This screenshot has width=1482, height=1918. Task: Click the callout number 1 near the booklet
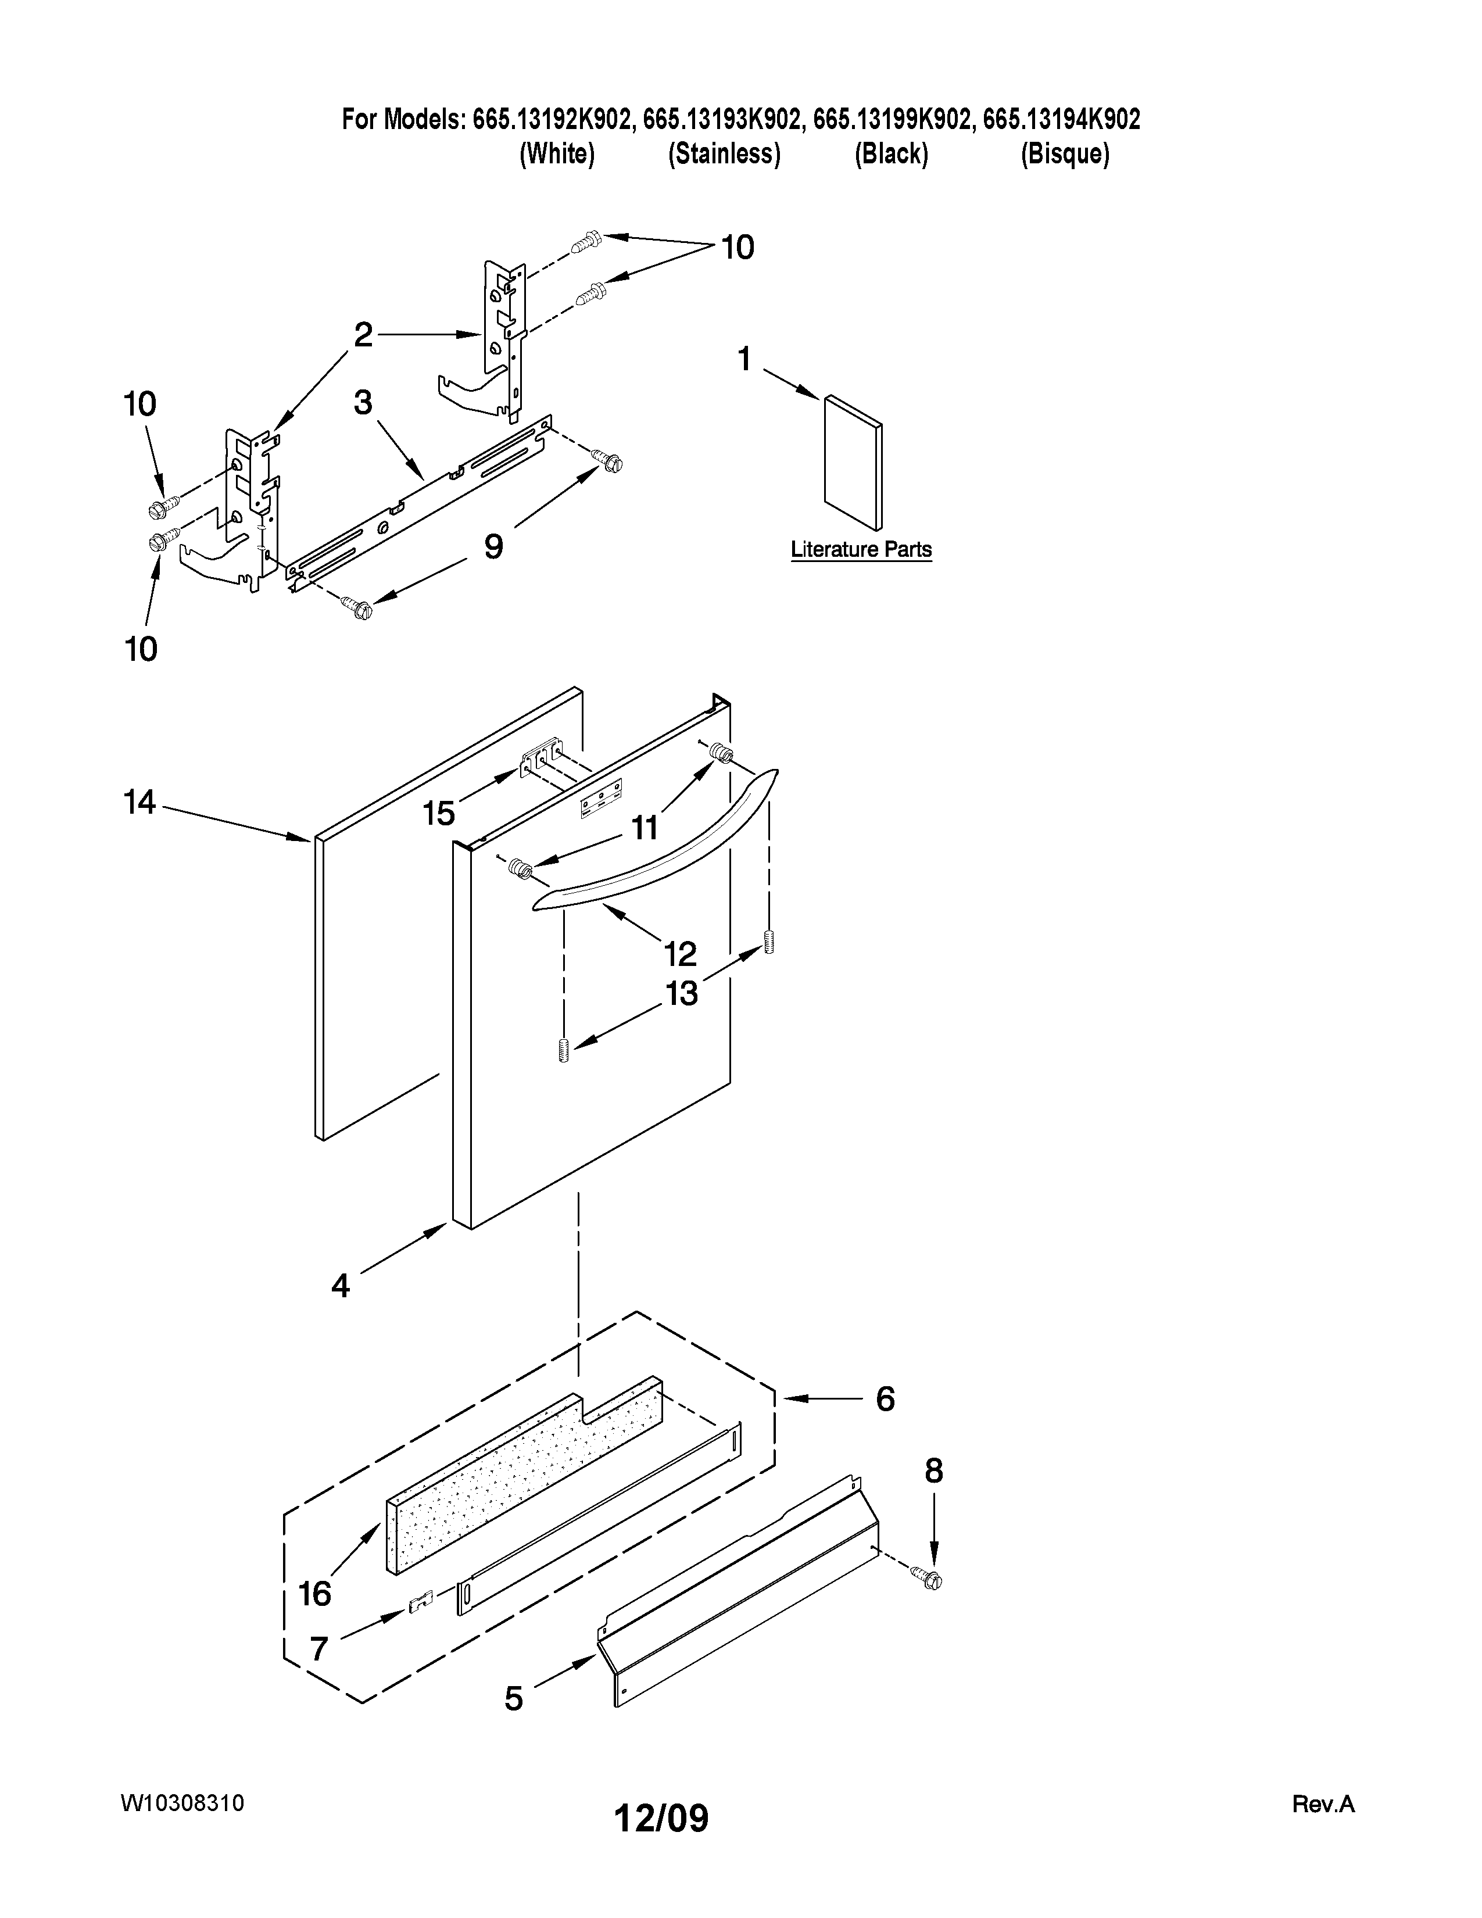[744, 359]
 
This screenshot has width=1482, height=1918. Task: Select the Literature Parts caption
[860, 550]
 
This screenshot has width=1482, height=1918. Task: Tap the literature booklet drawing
[853, 463]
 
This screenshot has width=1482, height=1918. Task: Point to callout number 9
[493, 546]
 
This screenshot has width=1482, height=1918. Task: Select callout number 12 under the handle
[681, 953]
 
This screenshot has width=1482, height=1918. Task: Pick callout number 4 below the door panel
[341, 1286]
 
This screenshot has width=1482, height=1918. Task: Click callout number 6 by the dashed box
[885, 1399]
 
